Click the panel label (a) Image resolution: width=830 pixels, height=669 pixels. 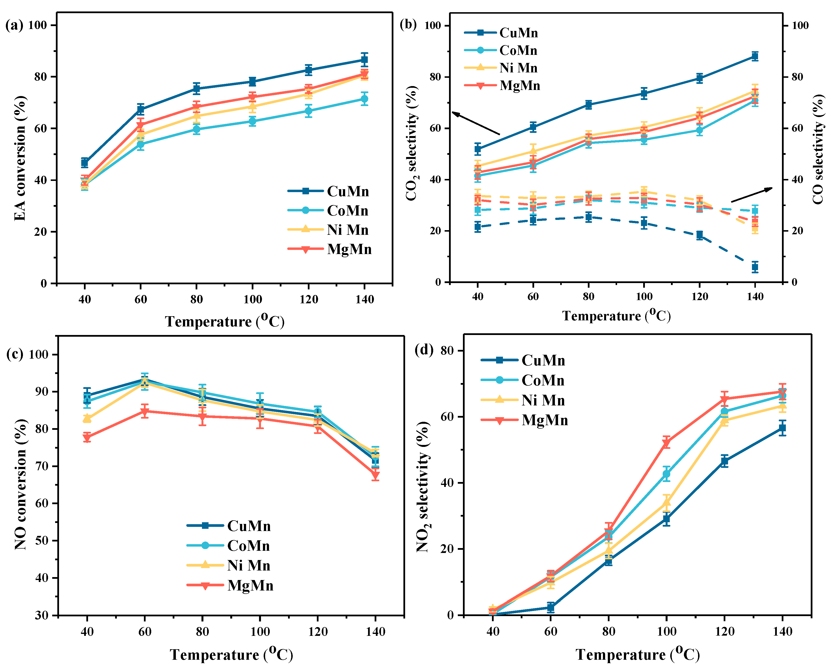(x=14, y=25)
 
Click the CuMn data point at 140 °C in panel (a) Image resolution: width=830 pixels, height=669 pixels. (x=364, y=60)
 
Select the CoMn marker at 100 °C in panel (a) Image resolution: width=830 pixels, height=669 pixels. (x=252, y=121)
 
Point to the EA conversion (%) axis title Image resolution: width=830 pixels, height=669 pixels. (x=20, y=158)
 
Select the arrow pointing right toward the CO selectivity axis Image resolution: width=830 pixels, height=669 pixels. (x=751, y=195)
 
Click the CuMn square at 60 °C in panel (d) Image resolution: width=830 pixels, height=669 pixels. (x=550, y=608)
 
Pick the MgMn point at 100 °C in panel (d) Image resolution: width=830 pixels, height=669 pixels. (x=666, y=443)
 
